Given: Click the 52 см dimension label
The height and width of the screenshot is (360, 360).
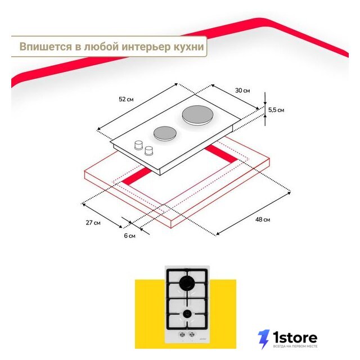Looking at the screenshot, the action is click(126, 100).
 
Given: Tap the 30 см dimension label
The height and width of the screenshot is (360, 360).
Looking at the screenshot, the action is click(242, 91).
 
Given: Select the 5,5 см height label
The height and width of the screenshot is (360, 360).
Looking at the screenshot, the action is click(276, 110).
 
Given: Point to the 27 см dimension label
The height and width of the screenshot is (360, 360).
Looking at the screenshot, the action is click(93, 223).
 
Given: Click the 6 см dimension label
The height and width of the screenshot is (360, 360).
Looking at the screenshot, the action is click(130, 236).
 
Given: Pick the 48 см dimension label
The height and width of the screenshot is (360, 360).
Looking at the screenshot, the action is click(263, 220).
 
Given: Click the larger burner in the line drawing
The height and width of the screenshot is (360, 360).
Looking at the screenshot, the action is click(196, 115).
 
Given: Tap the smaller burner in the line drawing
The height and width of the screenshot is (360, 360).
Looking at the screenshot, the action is click(165, 133).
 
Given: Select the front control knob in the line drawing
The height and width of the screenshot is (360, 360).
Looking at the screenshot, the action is click(148, 150).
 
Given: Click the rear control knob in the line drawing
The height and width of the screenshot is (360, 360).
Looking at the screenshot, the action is click(138, 145).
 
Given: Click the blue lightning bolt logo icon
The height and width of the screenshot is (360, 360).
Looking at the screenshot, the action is click(263, 339).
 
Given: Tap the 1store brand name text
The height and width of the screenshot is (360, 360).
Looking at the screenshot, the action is click(295, 337).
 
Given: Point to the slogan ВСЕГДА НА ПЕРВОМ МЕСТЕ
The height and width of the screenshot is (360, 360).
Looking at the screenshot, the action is click(295, 346).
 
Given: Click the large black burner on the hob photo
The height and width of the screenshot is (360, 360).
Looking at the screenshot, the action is click(187, 283).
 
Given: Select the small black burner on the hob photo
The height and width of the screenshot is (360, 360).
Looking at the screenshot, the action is click(187, 314).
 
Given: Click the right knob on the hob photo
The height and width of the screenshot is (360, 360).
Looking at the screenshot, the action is click(191, 334).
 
